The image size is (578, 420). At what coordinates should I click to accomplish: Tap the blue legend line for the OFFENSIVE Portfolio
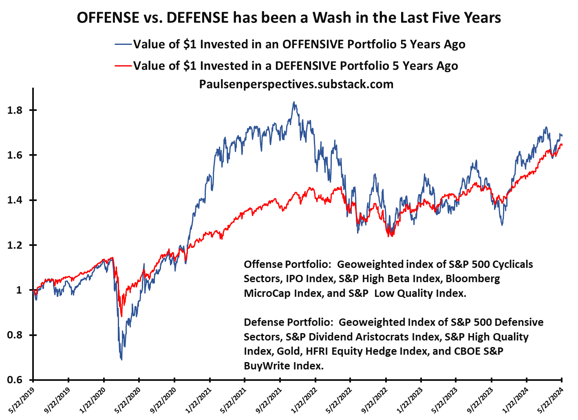click(123, 44)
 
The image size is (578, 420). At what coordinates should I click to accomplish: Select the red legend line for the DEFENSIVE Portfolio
click(123, 66)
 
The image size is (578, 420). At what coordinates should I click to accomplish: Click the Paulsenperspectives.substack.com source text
click(296, 84)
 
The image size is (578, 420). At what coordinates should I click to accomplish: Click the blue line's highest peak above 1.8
click(294, 102)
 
